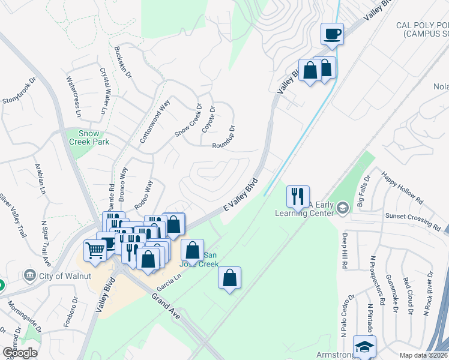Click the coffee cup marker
(x=331, y=34)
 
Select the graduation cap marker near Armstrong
(x=364, y=347)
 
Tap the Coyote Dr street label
(x=209, y=119)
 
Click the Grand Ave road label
(x=167, y=307)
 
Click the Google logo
(x=20, y=353)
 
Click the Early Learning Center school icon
(x=343, y=208)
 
